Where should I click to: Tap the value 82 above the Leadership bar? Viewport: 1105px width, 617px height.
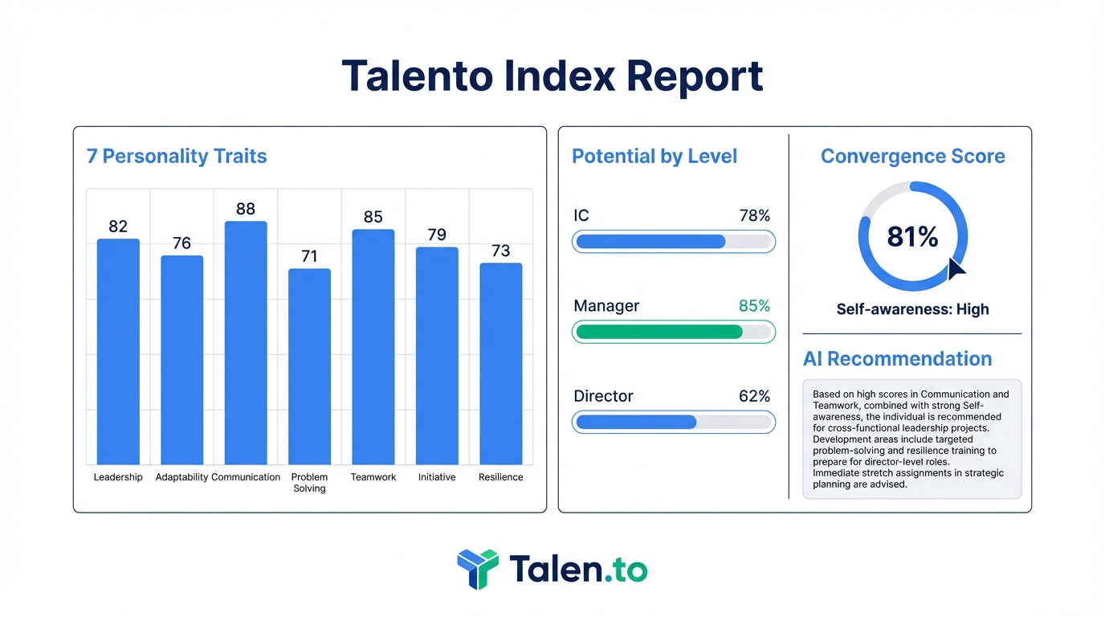point(118,227)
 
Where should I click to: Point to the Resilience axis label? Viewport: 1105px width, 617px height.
point(500,477)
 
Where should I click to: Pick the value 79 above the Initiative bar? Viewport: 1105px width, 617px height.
point(437,235)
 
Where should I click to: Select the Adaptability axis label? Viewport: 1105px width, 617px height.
point(181,477)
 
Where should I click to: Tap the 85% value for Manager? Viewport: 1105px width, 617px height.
point(754,306)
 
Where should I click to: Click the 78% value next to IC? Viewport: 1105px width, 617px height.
point(754,216)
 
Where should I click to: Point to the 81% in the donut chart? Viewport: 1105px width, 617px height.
point(912,237)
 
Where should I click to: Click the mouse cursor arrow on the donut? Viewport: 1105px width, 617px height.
point(956,268)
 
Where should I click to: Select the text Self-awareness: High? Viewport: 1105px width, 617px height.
point(912,309)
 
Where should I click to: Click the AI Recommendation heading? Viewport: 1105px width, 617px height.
point(897,359)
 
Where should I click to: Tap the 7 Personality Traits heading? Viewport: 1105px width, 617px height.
point(177,156)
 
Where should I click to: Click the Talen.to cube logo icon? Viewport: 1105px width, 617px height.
point(477,569)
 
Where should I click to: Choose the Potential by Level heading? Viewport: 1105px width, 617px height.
point(654,156)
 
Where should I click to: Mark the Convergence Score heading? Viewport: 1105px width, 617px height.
point(912,156)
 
